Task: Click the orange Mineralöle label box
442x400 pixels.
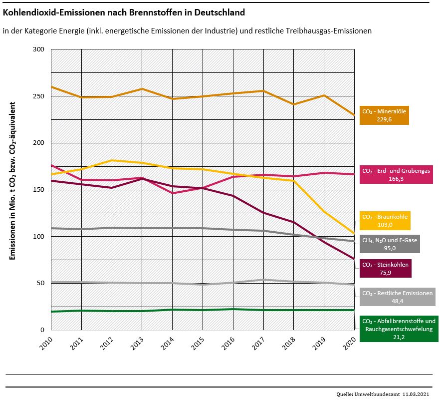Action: [384, 115]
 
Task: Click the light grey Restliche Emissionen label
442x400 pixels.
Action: [398, 297]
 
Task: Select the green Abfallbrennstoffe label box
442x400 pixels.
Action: [399, 328]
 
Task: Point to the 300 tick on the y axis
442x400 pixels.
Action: [39, 49]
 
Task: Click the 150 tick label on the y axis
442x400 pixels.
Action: [39, 190]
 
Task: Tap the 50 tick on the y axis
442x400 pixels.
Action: [41, 283]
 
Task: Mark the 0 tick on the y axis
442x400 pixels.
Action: [42, 330]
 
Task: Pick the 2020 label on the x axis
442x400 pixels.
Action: [351, 344]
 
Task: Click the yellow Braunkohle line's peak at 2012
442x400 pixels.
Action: [112, 160]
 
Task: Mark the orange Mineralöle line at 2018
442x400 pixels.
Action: [294, 104]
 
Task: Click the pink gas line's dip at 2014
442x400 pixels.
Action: [173, 193]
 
